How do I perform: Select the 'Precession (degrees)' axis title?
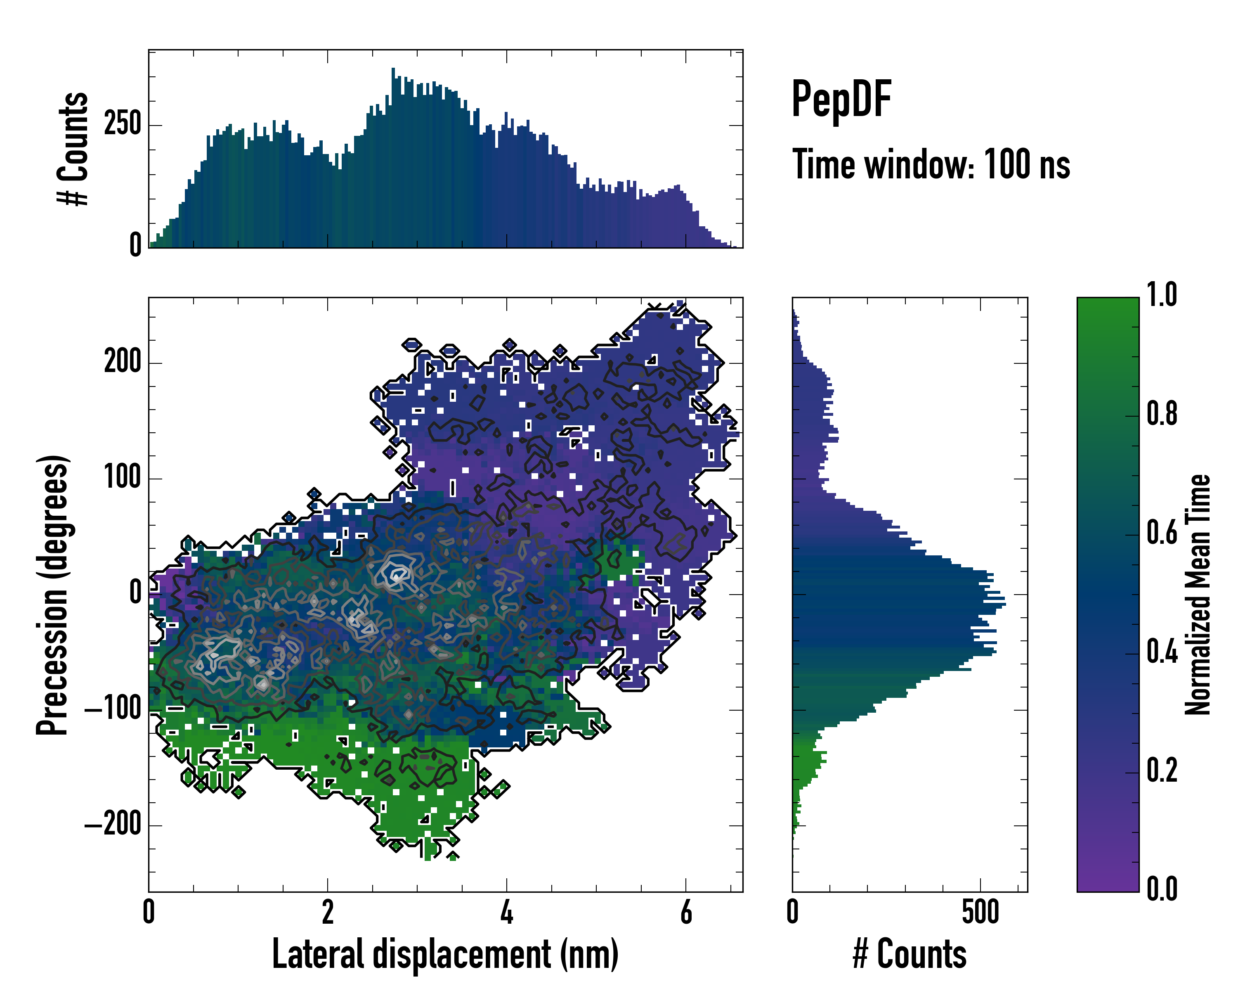(x=53, y=595)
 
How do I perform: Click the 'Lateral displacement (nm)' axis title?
(x=445, y=954)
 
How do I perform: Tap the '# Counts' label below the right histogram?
(x=910, y=954)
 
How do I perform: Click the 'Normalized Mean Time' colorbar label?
(x=1198, y=595)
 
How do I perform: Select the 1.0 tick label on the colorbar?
(x=1162, y=295)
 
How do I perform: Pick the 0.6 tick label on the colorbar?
(x=1162, y=533)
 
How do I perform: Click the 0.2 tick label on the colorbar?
(x=1162, y=771)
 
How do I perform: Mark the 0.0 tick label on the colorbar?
(x=1162, y=889)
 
